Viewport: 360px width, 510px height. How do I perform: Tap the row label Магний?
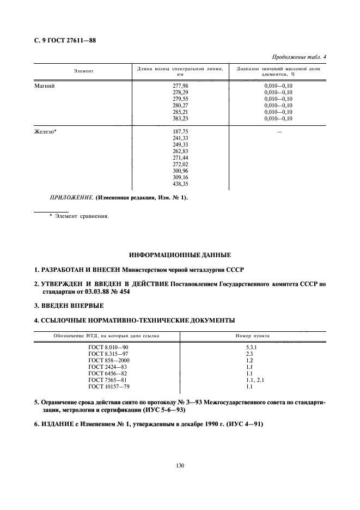tap(45, 86)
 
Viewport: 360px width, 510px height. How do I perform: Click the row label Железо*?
tap(47, 131)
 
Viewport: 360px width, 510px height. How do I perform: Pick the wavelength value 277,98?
tap(179, 86)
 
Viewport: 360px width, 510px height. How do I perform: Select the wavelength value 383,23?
tap(179, 118)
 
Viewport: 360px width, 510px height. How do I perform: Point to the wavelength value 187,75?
tap(179, 131)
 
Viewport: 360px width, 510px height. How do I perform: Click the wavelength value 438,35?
tap(179, 184)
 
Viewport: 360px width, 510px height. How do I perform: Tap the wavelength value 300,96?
tap(179, 171)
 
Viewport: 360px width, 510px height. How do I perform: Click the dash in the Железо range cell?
tap(278, 131)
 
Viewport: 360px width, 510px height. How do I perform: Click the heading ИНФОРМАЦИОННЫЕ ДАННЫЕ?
tap(180, 254)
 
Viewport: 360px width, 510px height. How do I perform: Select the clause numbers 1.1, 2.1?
tap(255, 380)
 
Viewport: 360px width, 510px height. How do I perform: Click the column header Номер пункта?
tap(252, 336)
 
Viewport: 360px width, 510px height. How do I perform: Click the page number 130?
tap(180, 465)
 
